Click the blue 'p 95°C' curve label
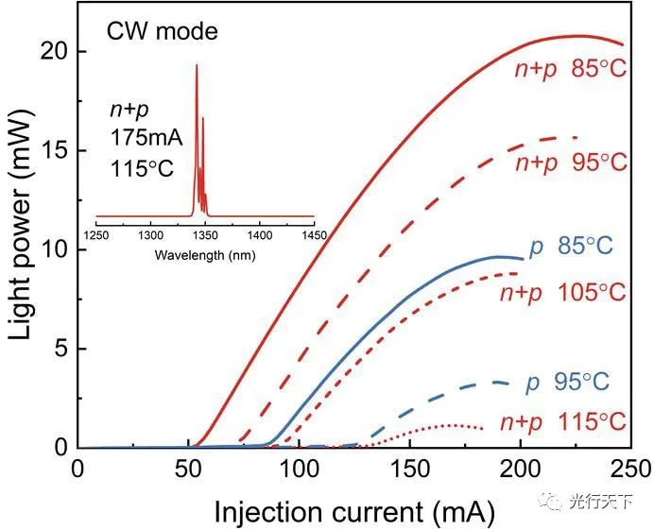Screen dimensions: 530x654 [568, 384]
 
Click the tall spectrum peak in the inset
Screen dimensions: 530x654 [197, 66]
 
